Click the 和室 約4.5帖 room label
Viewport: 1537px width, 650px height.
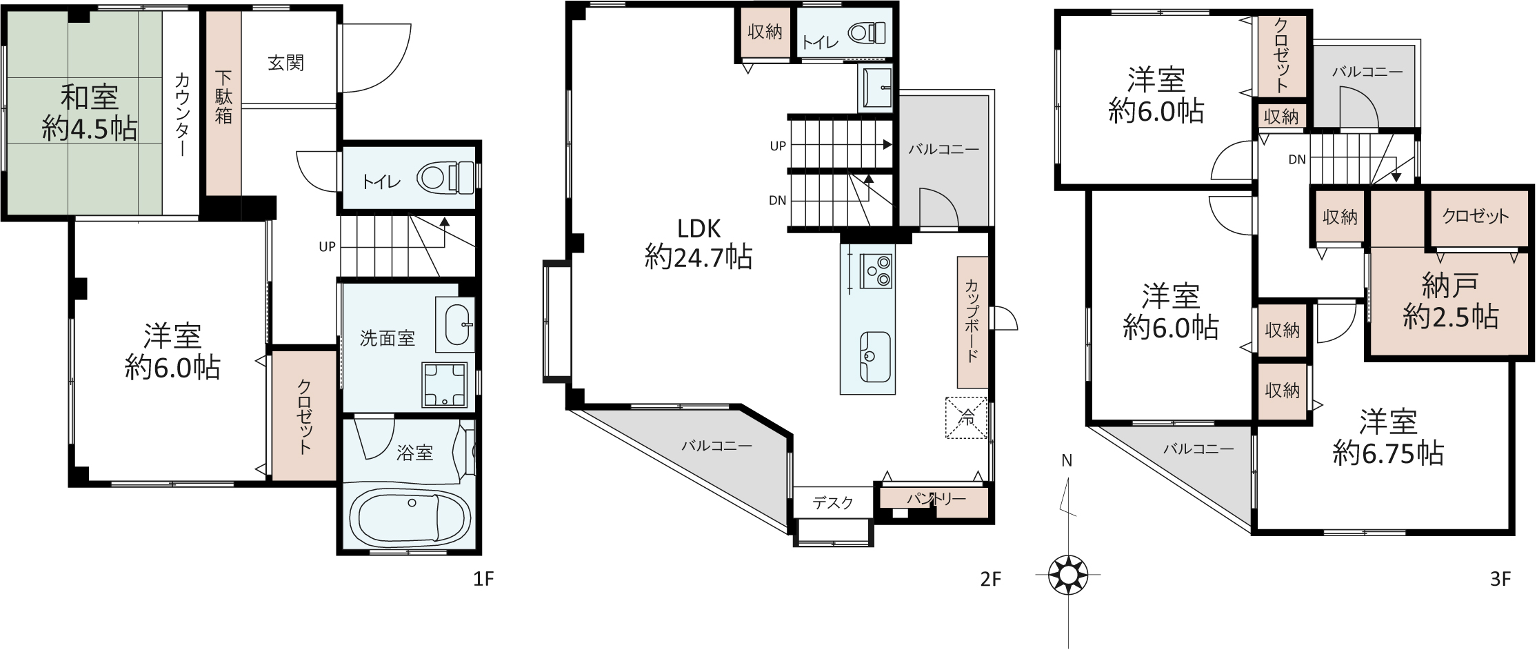click(x=89, y=113)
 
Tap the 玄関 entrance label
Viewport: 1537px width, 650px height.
click(x=285, y=63)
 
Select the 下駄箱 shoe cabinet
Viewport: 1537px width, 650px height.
click(x=224, y=104)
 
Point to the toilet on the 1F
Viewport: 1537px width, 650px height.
click(x=445, y=179)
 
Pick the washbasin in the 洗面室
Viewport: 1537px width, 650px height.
click(x=456, y=324)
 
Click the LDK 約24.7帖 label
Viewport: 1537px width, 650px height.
click(x=699, y=243)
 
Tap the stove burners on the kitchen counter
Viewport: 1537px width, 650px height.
click(x=876, y=270)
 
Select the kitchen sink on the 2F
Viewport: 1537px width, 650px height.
click(x=875, y=355)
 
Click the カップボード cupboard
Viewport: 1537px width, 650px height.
click(x=972, y=322)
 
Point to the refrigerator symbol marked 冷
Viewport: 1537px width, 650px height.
click(x=967, y=417)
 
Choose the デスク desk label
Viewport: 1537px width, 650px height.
click(x=833, y=503)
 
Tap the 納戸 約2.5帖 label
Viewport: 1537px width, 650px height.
click(x=1450, y=301)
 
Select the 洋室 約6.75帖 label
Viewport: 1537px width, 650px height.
click(x=1389, y=437)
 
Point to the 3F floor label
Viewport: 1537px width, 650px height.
click(x=1500, y=580)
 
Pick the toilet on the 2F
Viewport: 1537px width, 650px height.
click(x=866, y=33)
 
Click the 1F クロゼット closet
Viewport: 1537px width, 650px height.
click(x=303, y=416)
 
